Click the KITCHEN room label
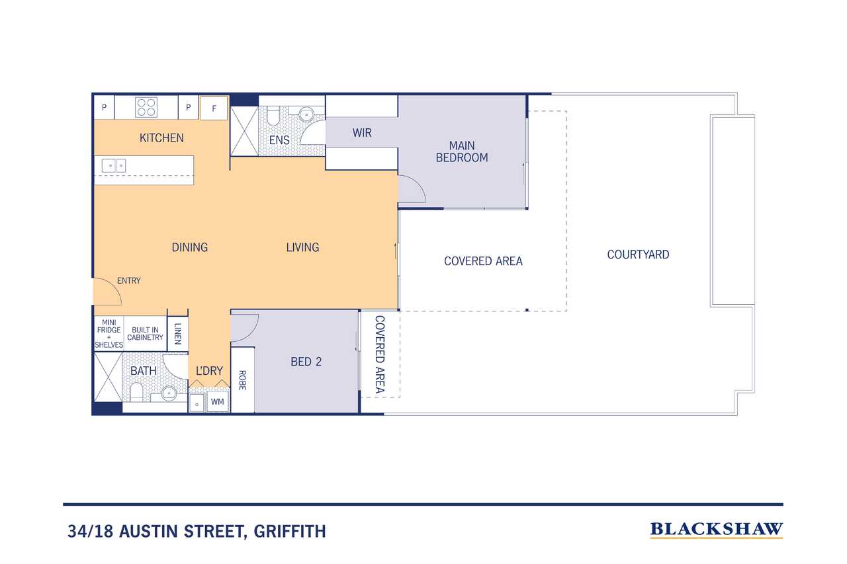[161, 138]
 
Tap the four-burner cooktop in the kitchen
[146, 107]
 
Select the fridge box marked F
[214, 108]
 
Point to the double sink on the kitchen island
[113, 165]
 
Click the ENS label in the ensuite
[279, 140]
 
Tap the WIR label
[362, 133]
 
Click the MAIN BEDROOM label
[462, 151]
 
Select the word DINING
[189, 247]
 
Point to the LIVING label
[302, 247]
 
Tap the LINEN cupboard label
[178, 333]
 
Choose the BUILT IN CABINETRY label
[145, 333]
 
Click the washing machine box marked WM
[218, 401]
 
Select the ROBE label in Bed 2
[242, 380]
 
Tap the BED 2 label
[306, 362]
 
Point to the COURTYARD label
[638, 255]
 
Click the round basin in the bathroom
[169, 393]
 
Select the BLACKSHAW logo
[716, 530]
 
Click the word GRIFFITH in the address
[290, 532]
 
